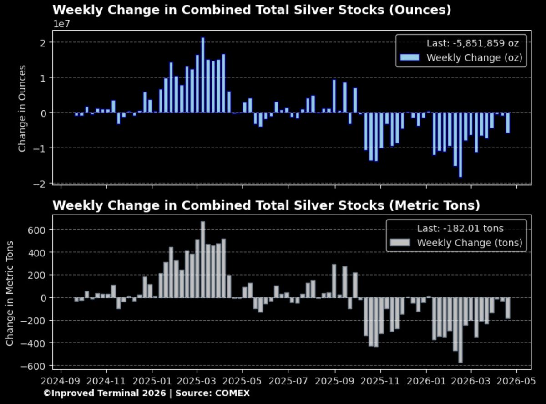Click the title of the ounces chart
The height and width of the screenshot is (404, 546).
point(252,10)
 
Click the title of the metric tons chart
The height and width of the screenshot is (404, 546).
point(266,205)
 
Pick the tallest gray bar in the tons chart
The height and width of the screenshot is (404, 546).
point(203,260)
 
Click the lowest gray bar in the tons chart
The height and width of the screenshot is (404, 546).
point(460,330)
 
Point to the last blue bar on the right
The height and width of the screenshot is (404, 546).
point(508,123)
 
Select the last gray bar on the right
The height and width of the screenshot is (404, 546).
point(508,308)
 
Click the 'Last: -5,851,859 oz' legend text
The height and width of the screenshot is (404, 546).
point(472,43)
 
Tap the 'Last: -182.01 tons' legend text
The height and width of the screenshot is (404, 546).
point(460,229)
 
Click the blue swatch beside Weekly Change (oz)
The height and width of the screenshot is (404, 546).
point(409,57)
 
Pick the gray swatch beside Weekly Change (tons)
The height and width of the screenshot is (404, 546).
point(400,243)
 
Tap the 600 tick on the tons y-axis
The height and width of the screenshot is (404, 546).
point(40,230)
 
